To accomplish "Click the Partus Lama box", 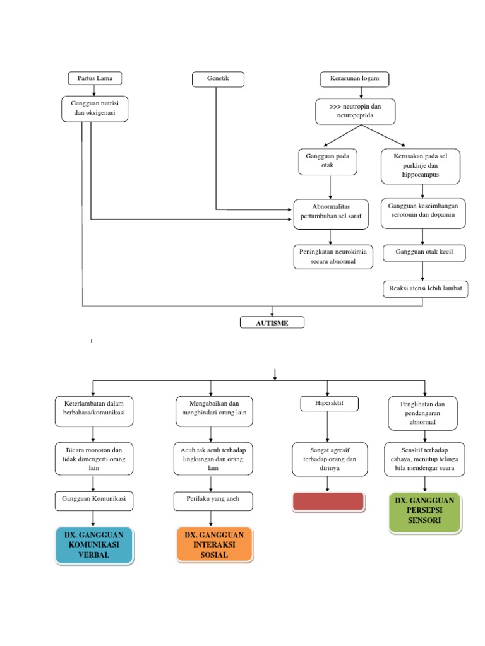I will tap(95, 78).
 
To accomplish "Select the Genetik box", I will tap(217, 78).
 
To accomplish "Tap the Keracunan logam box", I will tap(354, 78).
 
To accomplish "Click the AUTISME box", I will tap(272, 323).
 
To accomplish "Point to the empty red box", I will tap(328, 502).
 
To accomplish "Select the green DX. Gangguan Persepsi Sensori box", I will tap(424, 512).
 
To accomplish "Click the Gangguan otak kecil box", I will tap(424, 253).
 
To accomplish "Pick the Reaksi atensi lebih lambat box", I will tap(425, 289).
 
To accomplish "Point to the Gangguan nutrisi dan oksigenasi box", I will tap(95, 109).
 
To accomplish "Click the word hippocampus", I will tap(420, 174).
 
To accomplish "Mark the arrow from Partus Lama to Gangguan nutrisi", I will tap(94, 90).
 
